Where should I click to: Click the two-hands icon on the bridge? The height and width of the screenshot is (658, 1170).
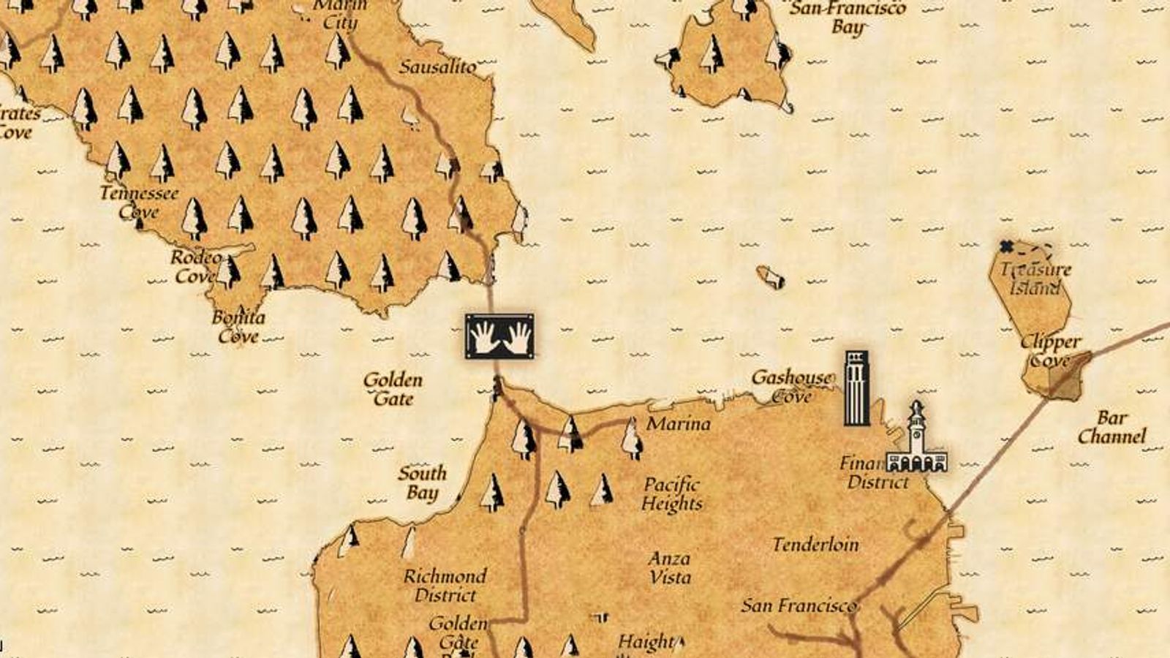(499, 337)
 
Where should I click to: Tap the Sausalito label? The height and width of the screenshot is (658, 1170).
(437, 67)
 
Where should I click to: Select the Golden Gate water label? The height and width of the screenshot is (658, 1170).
(393, 389)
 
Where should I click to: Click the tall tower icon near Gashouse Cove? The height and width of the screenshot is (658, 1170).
(856, 387)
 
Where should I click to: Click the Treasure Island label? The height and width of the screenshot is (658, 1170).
(1037, 279)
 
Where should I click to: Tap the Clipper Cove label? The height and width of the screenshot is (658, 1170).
(1050, 350)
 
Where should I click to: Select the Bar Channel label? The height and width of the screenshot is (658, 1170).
(1111, 428)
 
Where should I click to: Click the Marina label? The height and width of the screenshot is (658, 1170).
(679, 424)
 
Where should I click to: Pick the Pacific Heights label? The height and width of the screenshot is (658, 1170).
(672, 494)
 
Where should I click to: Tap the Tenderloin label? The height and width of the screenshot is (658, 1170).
(815, 545)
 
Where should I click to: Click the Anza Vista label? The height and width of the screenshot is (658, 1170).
(669, 567)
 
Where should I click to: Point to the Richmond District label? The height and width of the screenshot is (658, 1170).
(445, 586)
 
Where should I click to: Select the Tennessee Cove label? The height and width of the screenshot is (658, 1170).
(139, 203)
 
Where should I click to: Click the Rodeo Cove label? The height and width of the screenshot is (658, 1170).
(195, 267)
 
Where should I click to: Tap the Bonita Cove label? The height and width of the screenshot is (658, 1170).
(238, 327)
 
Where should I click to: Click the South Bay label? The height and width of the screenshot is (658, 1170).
(422, 483)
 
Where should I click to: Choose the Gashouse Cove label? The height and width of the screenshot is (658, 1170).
(792, 386)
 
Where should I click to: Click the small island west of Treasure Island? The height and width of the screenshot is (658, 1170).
(770, 277)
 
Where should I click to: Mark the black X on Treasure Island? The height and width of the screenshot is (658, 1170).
(1007, 246)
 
